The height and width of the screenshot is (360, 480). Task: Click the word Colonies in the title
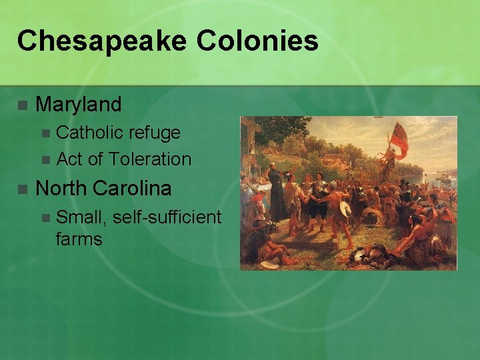tap(257, 41)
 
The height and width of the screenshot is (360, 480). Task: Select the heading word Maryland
tap(78, 105)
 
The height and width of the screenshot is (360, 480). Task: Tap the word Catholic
tap(90, 133)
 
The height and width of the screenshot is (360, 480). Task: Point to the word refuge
tap(155, 133)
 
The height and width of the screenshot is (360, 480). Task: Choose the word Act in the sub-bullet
tap(70, 159)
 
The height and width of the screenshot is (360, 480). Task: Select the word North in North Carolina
tap(61, 189)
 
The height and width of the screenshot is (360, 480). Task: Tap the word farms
tap(79, 239)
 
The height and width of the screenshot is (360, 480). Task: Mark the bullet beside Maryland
tap(22, 105)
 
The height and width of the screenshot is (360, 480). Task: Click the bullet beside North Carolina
tap(22, 189)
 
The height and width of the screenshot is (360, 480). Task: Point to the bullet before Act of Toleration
tap(45, 160)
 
